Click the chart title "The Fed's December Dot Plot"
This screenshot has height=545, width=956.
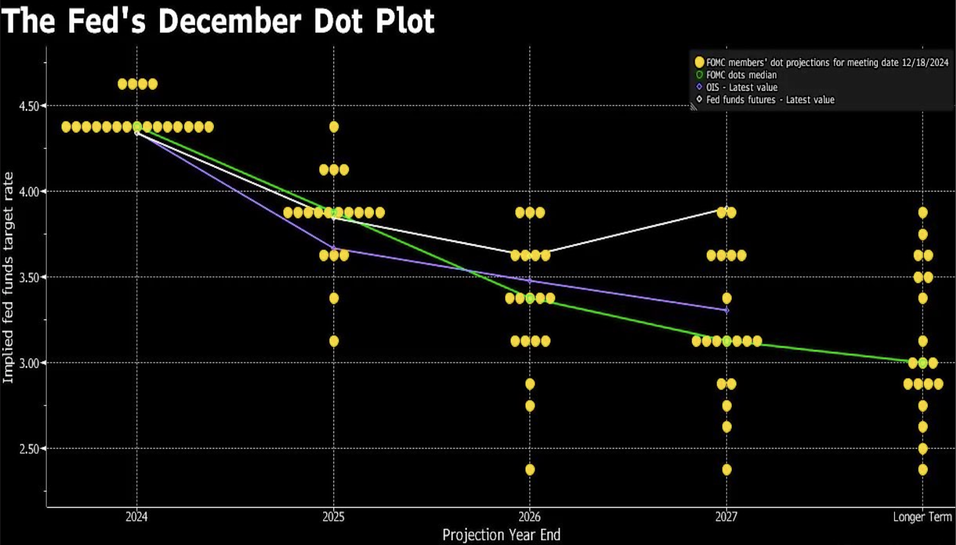click(218, 21)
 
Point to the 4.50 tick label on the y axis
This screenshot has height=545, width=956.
click(29, 106)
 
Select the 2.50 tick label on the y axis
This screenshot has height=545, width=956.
click(29, 449)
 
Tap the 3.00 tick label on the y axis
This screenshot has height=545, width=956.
click(29, 363)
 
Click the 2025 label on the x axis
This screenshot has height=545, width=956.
click(333, 517)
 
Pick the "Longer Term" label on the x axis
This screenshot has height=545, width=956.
click(922, 517)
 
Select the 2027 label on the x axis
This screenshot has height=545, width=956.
click(727, 517)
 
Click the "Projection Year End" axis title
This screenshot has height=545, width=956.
click(501, 535)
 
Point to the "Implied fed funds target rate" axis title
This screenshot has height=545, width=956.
click(8, 278)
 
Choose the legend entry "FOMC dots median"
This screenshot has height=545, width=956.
click(741, 75)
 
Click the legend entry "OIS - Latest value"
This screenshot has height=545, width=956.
click(741, 87)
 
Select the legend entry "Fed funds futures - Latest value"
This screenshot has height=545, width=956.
click(770, 100)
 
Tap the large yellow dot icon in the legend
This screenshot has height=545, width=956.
click(700, 62)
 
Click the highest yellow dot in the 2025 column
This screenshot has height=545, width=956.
click(333, 127)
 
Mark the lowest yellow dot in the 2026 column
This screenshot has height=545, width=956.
click(530, 470)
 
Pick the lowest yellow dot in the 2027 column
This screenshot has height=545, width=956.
click(727, 470)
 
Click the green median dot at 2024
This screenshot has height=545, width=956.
click(137, 127)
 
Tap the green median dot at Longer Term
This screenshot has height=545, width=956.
click(923, 363)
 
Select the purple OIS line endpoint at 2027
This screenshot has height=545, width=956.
click(727, 310)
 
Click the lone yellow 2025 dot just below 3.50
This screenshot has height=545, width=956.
click(333, 298)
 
